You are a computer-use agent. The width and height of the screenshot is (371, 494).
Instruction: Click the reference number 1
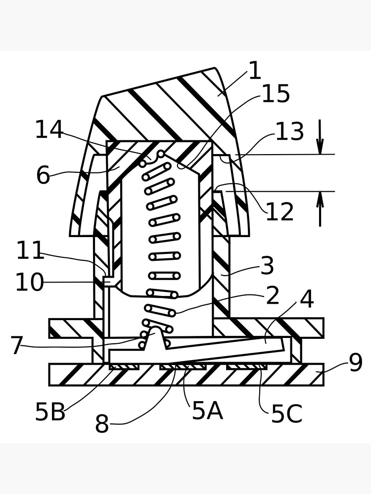[x=254, y=71]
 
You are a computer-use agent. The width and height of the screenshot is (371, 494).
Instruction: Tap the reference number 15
[x=276, y=94]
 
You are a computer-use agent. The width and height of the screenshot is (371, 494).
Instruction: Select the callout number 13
[x=289, y=132]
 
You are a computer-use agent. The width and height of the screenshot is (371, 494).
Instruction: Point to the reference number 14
[x=49, y=130]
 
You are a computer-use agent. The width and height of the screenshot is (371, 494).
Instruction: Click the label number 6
[x=43, y=175]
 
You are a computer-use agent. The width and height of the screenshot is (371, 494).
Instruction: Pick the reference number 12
[x=279, y=212]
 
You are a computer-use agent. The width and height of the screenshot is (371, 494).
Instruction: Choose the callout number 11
[x=31, y=251]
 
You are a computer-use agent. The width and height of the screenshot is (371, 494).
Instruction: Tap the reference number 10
[x=29, y=283]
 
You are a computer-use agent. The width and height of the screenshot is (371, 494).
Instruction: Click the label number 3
[x=267, y=266]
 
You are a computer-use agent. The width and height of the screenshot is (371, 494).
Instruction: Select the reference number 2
[x=273, y=296]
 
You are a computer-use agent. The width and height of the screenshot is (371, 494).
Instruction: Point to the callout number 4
[x=307, y=299]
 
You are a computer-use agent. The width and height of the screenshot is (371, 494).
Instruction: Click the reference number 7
[x=17, y=346]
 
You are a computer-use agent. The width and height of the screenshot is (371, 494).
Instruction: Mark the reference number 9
[x=356, y=363]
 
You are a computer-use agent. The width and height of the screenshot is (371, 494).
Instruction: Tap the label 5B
[x=50, y=412]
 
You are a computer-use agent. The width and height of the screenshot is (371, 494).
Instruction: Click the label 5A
[x=207, y=411]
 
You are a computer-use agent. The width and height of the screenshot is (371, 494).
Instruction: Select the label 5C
[x=286, y=414]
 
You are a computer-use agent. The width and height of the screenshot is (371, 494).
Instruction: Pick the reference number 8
[x=102, y=424]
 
